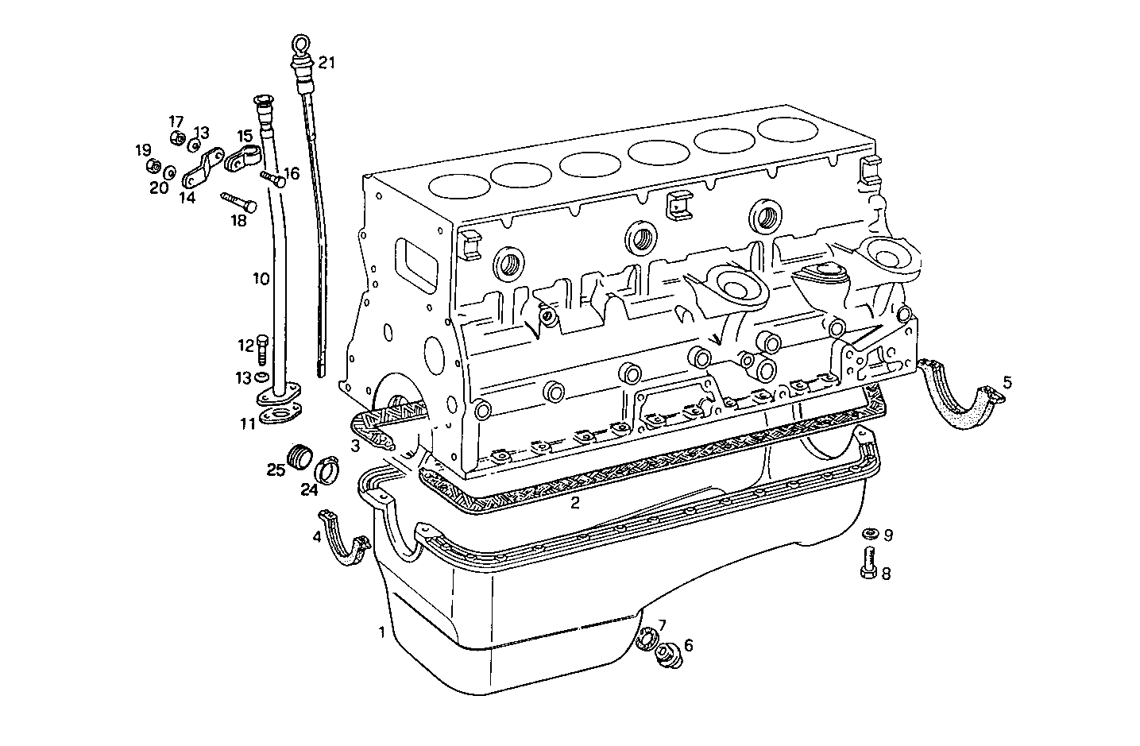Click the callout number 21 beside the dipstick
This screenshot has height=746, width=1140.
(327, 63)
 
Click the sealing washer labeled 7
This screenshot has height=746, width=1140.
(647, 637)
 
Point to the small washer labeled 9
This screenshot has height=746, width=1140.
(869, 534)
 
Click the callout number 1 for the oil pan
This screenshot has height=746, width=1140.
(382, 632)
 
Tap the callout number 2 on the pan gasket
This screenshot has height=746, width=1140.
(574, 503)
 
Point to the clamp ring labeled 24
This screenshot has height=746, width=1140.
(327, 471)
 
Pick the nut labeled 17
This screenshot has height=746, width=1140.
(177, 140)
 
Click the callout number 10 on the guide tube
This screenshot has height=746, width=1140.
(261, 279)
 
